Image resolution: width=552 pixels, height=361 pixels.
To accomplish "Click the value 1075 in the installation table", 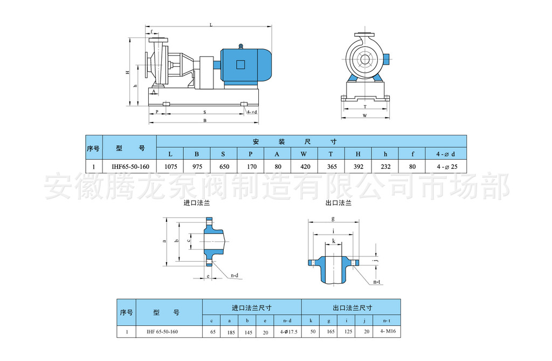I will (170, 167).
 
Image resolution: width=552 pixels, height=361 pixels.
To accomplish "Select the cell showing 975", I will (197, 167).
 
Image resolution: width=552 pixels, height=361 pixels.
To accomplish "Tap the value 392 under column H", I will (358, 167).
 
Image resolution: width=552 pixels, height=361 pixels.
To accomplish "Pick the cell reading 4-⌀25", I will (446, 167).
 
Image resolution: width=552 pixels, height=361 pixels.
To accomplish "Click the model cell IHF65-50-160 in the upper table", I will (129, 167).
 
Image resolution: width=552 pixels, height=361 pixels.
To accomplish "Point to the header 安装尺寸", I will (295, 141).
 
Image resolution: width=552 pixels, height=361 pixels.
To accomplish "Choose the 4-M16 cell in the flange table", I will (388, 331).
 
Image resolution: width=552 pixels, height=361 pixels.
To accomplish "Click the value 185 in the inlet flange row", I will (230, 331).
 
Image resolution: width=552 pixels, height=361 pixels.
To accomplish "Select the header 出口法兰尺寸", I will (351, 307).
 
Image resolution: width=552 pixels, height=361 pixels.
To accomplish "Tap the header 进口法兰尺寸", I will (252, 307).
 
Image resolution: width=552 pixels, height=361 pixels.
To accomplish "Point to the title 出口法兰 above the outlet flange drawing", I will (338, 204).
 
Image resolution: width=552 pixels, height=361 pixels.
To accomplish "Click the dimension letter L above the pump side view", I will (210, 25).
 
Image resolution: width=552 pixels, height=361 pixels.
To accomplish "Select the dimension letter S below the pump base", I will (204, 112).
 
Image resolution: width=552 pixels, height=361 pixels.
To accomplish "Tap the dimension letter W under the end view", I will (364, 115).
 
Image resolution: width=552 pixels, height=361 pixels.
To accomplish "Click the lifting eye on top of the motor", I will (241, 46).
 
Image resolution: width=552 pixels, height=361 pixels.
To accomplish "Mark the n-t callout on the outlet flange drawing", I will (377, 282).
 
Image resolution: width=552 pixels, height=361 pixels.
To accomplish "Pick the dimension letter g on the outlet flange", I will (333, 219).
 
